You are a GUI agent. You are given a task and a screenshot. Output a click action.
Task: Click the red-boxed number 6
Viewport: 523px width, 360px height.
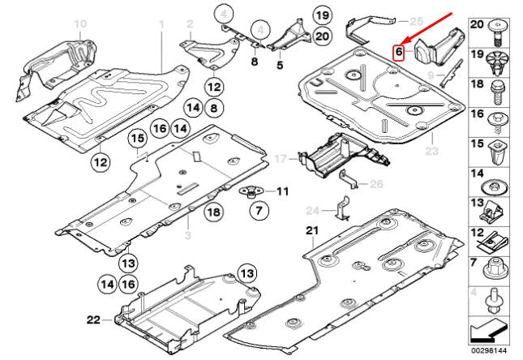(x=399, y=53)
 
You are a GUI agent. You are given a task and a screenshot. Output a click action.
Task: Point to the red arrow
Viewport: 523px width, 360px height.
(x=427, y=28)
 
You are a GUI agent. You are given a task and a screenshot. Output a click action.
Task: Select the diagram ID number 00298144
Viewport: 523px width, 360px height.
(x=489, y=350)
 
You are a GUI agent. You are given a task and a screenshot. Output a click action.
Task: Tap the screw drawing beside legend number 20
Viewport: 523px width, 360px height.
(x=498, y=32)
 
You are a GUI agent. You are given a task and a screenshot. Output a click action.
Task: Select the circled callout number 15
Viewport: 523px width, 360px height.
(x=138, y=139)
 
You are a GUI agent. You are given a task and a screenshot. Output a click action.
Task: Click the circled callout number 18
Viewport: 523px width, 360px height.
(x=214, y=212)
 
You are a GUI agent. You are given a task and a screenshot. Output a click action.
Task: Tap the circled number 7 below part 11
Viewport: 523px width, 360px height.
(x=259, y=210)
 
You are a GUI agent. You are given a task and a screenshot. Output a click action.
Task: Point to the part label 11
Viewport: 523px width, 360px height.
(x=283, y=191)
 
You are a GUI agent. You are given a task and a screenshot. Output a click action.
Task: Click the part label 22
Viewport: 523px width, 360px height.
(x=93, y=319)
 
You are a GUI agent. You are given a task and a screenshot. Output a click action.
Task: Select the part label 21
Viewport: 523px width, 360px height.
(x=312, y=230)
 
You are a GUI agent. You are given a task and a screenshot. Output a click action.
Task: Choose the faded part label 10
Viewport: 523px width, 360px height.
(x=80, y=24)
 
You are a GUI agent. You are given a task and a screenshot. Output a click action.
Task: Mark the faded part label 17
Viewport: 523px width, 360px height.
(x=281, y=158)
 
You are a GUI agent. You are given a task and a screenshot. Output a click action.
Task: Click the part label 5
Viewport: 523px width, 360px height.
(x=280, y=65)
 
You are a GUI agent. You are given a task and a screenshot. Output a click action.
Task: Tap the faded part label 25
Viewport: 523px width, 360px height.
(x=416, y=21)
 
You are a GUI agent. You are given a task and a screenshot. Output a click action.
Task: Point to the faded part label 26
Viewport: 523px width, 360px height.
(x=376, y=184)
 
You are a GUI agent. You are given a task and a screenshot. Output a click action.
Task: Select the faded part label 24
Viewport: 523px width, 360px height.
(x=313, y=211)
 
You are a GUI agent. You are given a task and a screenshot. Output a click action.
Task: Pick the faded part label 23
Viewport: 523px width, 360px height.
(x=431, y=151)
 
